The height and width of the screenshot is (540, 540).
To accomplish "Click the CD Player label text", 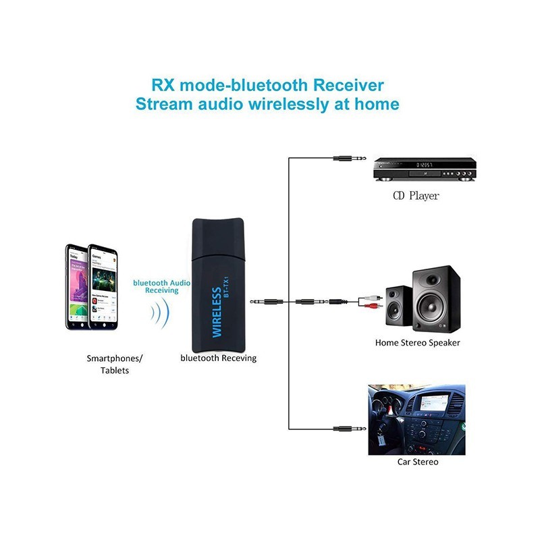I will pyautogui.click(x=416, y=196).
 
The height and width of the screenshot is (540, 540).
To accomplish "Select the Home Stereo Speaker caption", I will pyautogui.click(x=417, y=343).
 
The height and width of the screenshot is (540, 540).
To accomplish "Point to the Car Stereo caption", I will pyautogui.click(x=416, y=462).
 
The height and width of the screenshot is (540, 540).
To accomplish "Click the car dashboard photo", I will pyautogui.click(x=416, y=420).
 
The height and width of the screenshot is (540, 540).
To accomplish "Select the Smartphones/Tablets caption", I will pyautogui.click(x=115, y=364).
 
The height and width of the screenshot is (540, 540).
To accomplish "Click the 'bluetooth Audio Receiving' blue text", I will pyautogui.click(x=161, y=286).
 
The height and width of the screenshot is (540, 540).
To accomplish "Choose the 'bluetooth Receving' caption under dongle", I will pyautogui.click(x=218, y=358).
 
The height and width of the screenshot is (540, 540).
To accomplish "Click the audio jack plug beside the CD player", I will pyautogui.click(x=350, y=159).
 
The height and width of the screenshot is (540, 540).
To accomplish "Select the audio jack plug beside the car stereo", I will pyautogui.click(x=350, y=428).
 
